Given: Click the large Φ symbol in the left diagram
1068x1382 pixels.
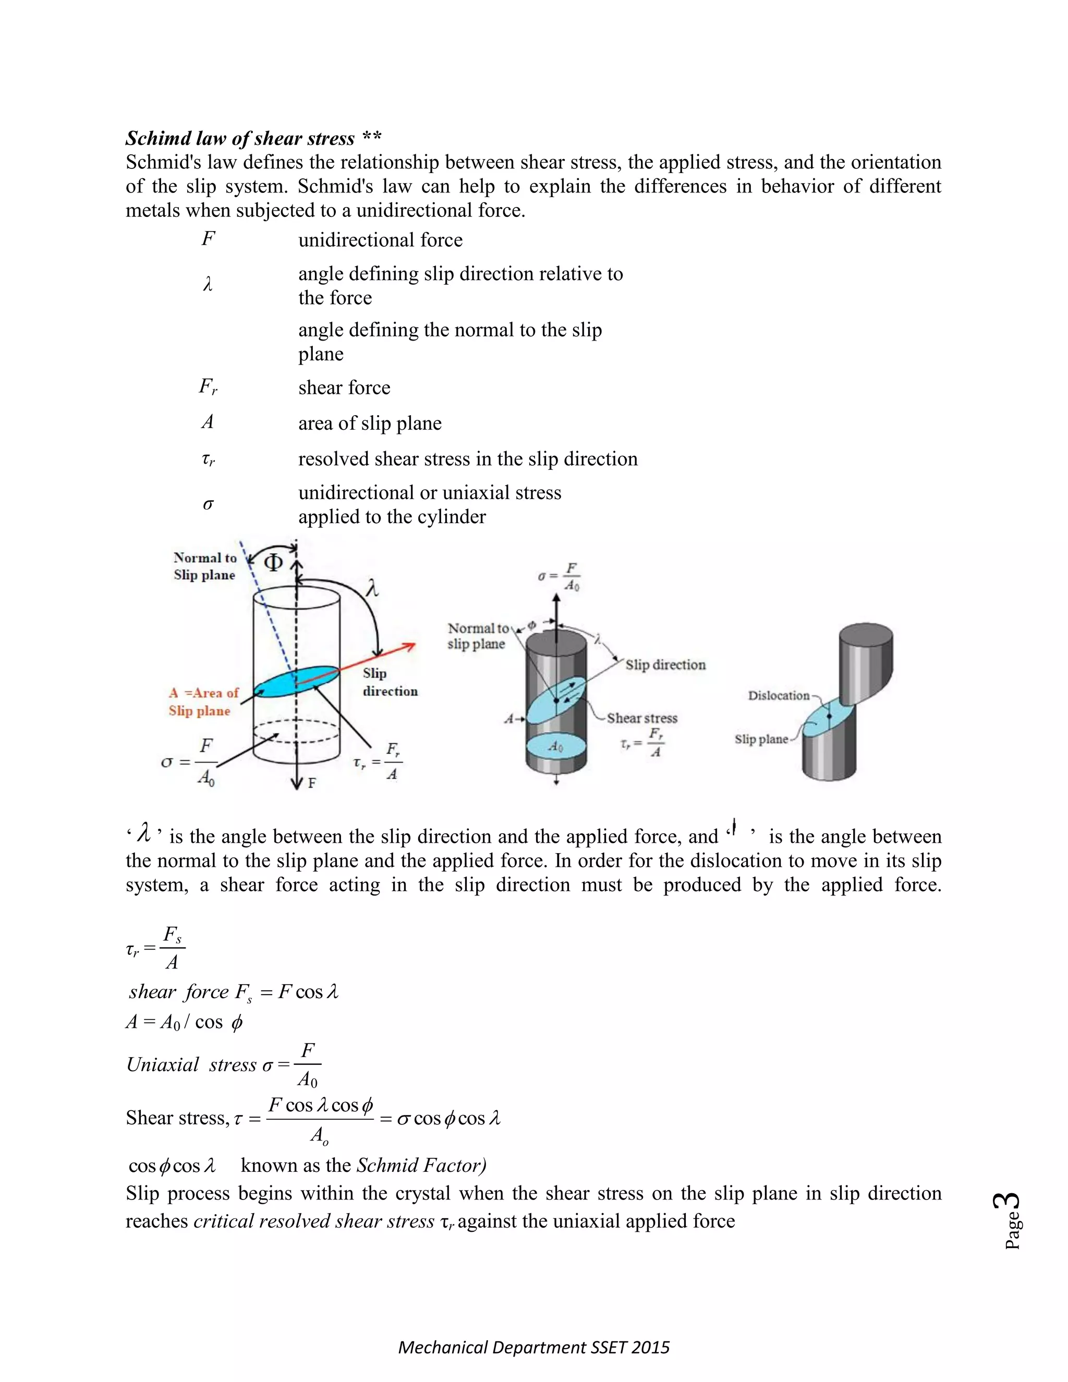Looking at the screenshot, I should click(273, 562).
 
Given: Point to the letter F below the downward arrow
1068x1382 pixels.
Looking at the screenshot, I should click(312, 783).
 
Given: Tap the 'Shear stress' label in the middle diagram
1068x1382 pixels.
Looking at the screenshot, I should click(641, 718).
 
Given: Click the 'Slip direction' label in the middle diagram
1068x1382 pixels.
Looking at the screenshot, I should click(665, 664).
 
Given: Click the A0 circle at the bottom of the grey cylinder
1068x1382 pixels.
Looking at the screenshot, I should click(555, 747).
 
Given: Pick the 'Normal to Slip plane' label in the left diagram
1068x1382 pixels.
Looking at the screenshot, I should click(204, 566).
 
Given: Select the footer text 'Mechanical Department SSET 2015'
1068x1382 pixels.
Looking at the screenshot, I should click(533, 1347).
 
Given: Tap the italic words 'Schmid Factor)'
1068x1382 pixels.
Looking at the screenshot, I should click(421, 1165).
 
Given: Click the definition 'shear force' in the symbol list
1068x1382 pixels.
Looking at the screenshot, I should click(344, 387).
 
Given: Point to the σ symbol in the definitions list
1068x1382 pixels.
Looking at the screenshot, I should click(208, 504).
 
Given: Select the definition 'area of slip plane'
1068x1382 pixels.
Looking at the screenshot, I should click(370, 423).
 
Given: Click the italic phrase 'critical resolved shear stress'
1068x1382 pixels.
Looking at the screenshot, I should click(314, 1221).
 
